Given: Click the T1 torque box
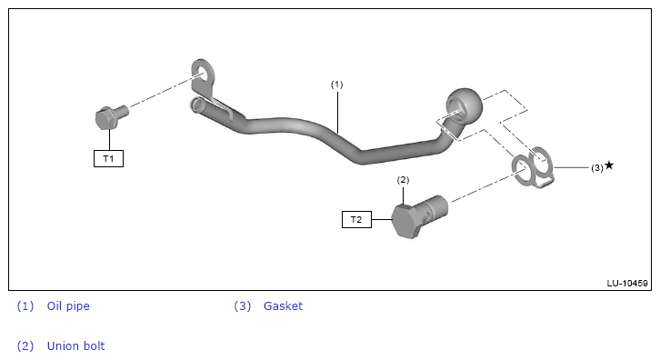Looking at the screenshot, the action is coord(108,159).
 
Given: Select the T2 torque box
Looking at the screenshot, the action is coord(356,219).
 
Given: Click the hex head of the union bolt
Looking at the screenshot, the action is coord(405,221).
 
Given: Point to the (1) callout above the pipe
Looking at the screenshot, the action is coord(336,85).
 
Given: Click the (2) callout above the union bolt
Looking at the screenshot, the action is coord(403,180).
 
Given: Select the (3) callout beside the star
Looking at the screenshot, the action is coord(597,167).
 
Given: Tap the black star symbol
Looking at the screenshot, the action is coord(609,165).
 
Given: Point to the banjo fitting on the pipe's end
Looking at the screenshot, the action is coord(464,106).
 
